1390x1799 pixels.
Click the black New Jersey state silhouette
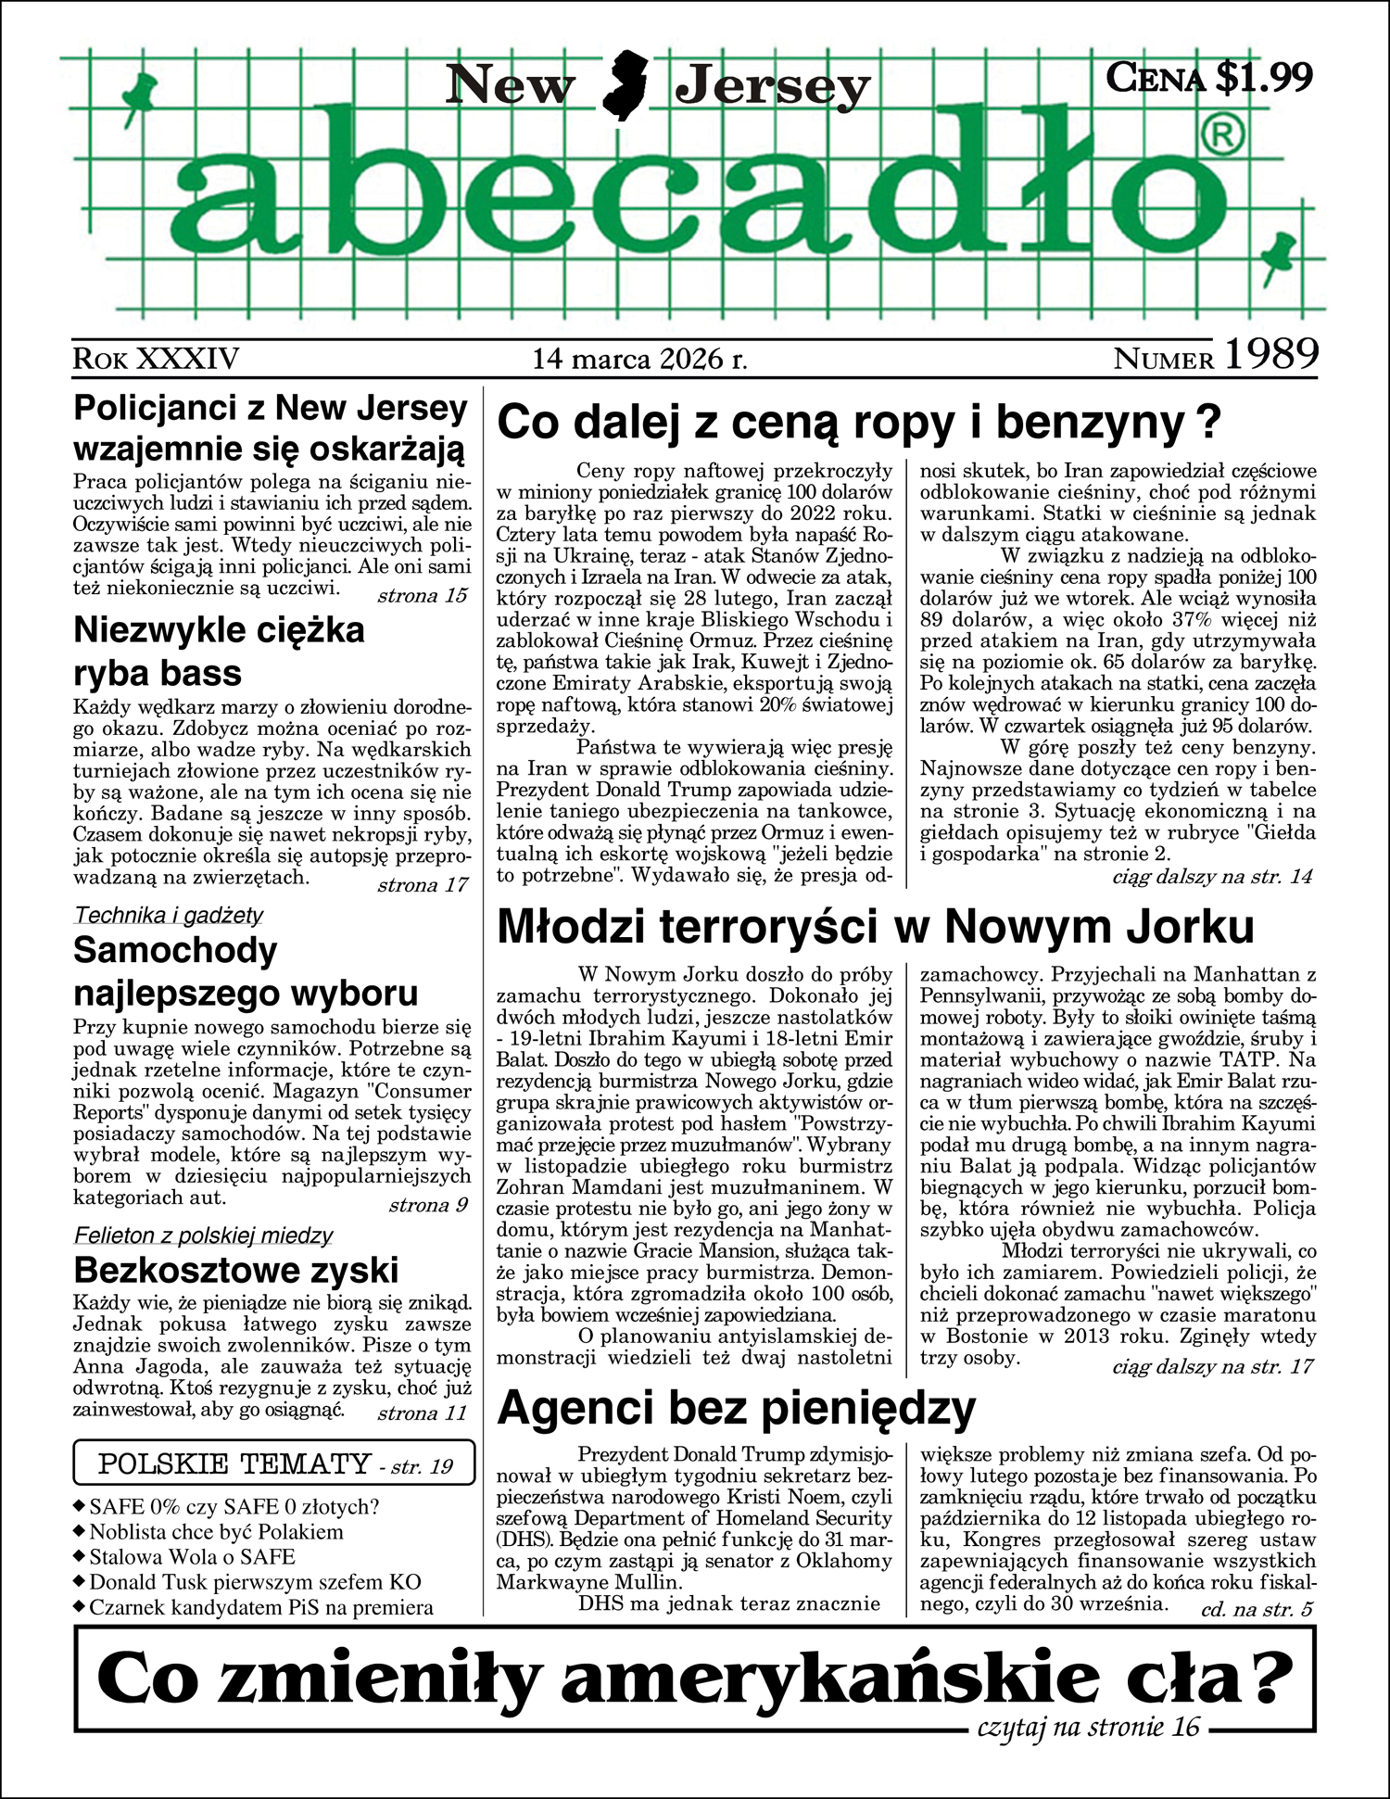(625, 86)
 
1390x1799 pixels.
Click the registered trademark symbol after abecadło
(1224, 136)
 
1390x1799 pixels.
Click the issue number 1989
(1271, 354)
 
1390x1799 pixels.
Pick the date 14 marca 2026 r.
(639, 359)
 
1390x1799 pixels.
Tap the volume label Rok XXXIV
(156, 359)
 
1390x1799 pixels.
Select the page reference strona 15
(423, 595)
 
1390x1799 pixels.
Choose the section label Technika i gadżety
(168, 916)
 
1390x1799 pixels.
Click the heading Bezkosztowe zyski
(235, 1270)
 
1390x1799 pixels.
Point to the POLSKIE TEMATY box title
(234, 1464)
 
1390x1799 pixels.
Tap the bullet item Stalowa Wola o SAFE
(192, 1557)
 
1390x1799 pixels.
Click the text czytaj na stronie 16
(1088, 1727)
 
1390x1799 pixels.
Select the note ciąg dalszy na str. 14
(1212, 876)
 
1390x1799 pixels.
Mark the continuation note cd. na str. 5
(1257, 1609)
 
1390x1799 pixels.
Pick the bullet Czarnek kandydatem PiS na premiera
(260, 1607)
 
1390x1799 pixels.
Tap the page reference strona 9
(428, 1205)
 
